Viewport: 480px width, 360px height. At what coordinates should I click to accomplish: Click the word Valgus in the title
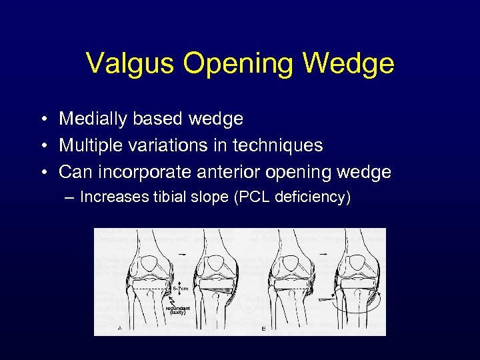[124, 64]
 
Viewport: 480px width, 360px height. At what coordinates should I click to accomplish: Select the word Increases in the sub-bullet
[111, 197]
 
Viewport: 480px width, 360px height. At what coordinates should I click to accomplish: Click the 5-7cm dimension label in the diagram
[181, 289]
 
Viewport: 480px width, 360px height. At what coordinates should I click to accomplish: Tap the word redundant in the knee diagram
[178, 308]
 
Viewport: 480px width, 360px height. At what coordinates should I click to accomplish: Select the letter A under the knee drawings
[119, 328]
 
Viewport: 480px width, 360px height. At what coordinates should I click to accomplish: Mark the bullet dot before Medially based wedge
[42, 119]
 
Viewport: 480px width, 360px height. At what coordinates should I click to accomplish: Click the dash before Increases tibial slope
[69, 197]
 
